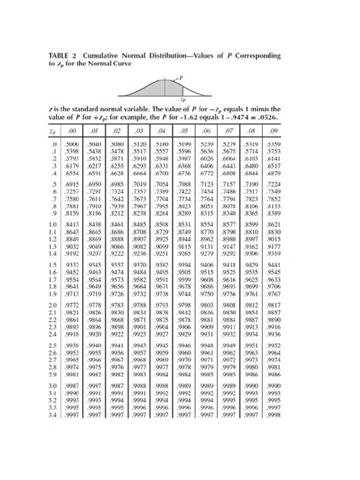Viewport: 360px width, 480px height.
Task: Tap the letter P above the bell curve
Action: point(180,77)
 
